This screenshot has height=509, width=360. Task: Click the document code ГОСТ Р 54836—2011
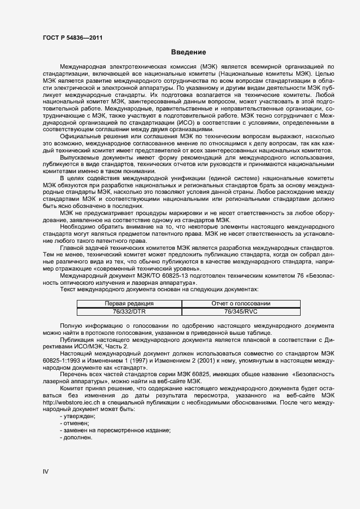tap(72, 38)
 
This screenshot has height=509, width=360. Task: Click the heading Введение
tap(188, 52)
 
